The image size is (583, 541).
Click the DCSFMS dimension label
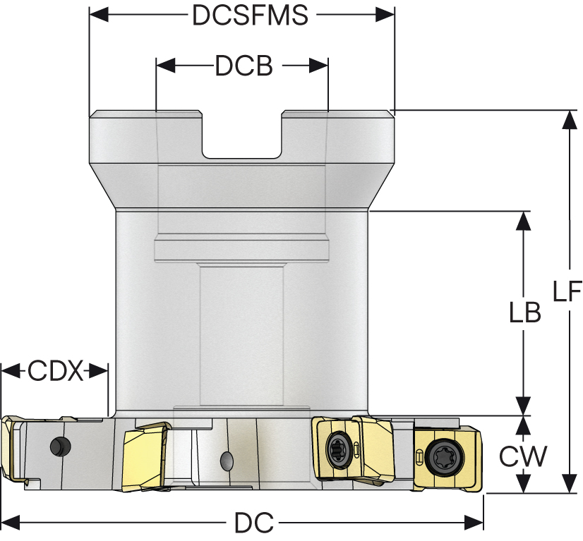250,16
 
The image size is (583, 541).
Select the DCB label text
244,66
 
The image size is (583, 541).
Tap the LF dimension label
566,291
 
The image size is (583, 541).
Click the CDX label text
55,370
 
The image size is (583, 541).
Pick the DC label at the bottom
253,523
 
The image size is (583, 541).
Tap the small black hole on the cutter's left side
59,446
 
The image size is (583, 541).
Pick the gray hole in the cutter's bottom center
227,461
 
